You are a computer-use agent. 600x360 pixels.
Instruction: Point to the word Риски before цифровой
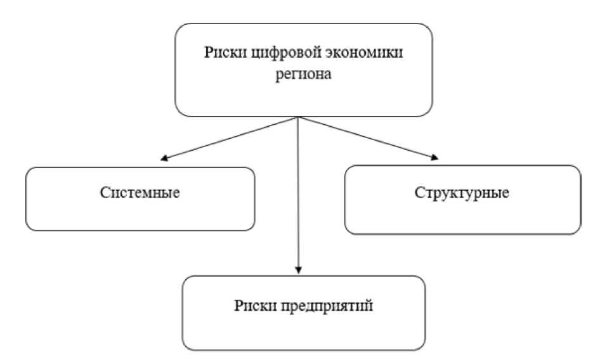[x=219, y=53]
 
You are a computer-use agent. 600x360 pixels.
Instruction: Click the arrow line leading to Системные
[x=229, y=138]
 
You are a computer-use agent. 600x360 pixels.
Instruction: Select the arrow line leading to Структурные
[x=368, y=138]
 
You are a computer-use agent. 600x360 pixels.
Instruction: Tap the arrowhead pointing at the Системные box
[x=164, y=158]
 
